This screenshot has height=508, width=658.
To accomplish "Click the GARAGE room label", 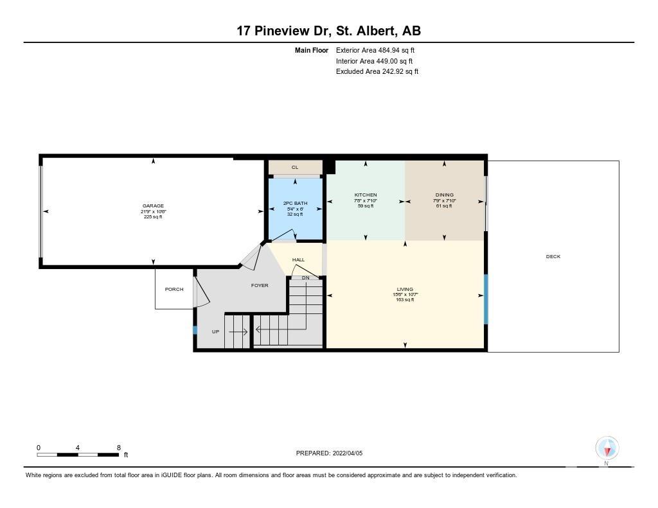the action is click(x=153, y=206).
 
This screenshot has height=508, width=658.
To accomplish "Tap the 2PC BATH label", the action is click(x=296, y=204).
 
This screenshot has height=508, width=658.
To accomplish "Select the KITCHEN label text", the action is click(x=366, y=195).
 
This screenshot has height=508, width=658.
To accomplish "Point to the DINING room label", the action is click(x=445, y=195).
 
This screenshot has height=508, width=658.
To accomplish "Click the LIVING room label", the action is click(x=405, y=289).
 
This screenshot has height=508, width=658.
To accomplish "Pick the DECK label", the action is click(x=553, y=256).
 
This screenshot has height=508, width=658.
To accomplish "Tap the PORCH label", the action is click(x=174, y=289).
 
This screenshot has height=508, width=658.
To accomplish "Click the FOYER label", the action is click(x=260, y=285).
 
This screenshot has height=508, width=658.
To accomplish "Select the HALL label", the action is click(x=298, y=259).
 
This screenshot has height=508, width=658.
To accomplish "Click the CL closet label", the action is click(x=295, y=168).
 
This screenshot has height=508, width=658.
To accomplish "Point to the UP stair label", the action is click(x=216, y=331).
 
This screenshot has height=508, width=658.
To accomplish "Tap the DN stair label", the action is click(x=305, y=277).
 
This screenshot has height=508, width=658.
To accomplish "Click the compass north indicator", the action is click(x=607, y=450).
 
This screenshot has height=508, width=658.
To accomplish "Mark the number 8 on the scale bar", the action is click(x=119, y=448).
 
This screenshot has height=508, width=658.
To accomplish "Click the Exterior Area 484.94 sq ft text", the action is click(x=375, y=50).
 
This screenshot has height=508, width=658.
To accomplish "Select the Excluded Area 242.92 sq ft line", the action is click(x=377, y=72).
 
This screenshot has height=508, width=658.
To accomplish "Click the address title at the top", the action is click(x=329, y=31).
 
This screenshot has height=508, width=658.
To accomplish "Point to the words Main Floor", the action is click(x=312, y=50).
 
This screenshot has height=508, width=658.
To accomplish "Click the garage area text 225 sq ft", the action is click(x=153, y=217).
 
